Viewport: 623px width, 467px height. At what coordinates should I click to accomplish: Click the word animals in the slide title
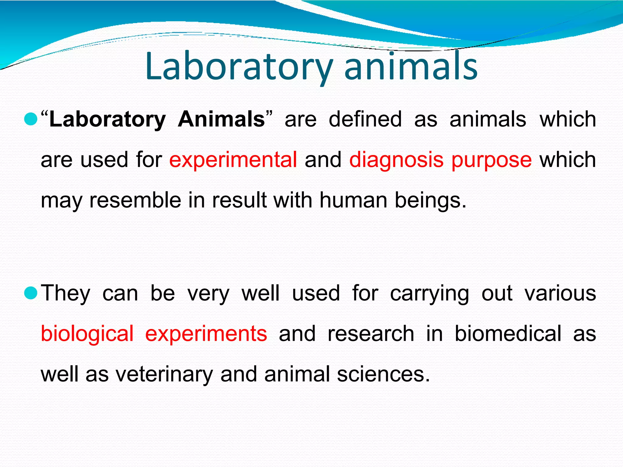411,67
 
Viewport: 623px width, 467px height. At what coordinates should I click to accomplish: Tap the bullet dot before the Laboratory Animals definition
30,119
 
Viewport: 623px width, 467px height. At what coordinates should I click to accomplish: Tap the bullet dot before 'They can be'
30,293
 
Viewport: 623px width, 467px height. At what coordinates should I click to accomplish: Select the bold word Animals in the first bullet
221,119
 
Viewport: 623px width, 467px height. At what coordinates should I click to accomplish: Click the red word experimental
233,160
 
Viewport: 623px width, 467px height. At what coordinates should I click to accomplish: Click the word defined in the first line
365,119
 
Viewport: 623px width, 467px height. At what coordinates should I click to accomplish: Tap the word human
353,201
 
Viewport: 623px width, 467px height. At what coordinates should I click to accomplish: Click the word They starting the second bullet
66,294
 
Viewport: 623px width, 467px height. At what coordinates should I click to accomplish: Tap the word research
371,334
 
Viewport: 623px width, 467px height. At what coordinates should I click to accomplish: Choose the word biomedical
508,334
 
